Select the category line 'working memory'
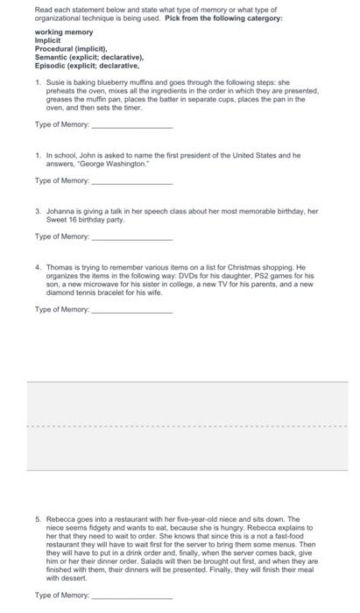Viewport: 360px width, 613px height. [63, 32]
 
